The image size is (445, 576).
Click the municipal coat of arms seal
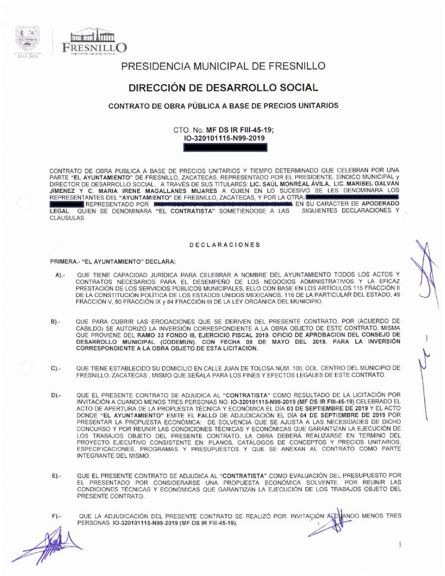tap(26, 39)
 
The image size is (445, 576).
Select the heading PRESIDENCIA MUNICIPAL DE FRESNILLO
tap(222, 66)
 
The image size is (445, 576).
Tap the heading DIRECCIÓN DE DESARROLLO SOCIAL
tap(222, 88)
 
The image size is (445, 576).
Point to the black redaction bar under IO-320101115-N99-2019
tap(226, 148)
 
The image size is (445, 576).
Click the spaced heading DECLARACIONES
tap(224, 245)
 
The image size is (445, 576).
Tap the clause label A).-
tap(61, 274)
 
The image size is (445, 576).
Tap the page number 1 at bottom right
tap(399, 544)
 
